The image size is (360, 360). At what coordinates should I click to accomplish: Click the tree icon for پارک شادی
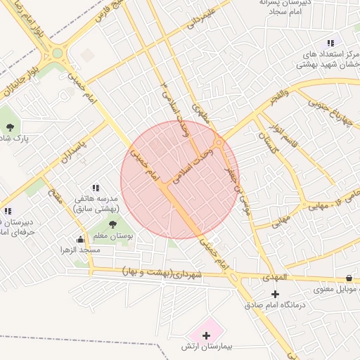10,127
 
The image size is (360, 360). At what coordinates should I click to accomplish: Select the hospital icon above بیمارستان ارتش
206,335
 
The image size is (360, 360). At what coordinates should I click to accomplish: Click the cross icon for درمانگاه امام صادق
275,294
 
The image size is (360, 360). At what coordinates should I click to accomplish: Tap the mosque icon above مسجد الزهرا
80,239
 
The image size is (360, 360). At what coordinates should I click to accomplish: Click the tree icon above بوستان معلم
112,225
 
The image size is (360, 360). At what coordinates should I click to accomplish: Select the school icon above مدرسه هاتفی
96,188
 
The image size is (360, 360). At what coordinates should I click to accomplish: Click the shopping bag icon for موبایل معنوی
349,278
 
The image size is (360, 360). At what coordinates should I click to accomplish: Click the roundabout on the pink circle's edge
219,143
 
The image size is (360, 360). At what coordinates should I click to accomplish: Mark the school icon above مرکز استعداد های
330,44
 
